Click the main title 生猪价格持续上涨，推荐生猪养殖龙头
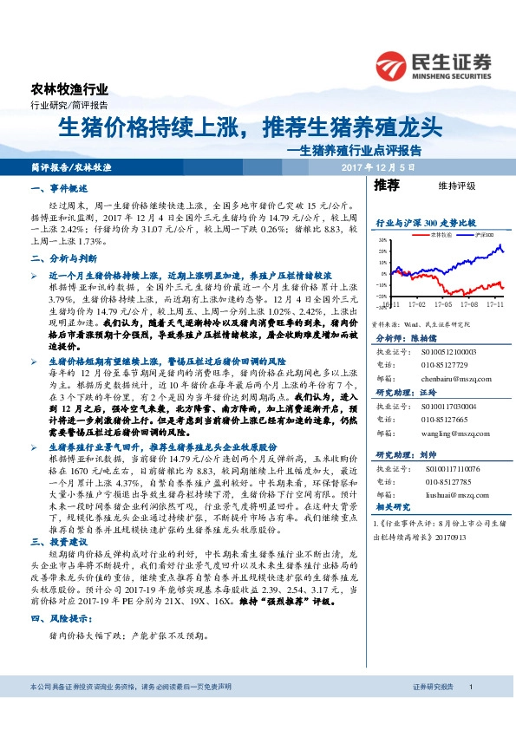point(250,127)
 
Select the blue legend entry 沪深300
point(484,234)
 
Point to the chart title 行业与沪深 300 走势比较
point(426,223)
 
